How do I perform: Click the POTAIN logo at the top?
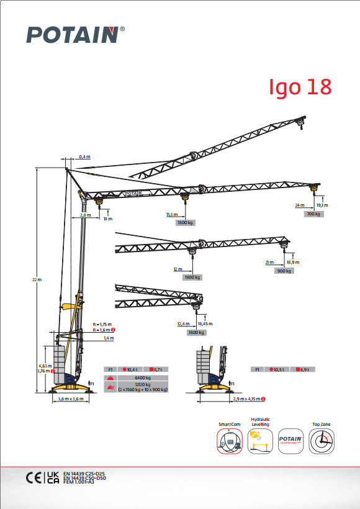click(x=72, y=35)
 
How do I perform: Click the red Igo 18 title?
click(x=300, y=87)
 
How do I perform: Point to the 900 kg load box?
click(x=284, y=271)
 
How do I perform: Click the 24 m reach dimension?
click(x=299, y=205)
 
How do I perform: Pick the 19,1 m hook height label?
click(x=322, y=205)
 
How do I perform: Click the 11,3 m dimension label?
click(x=171, y=215)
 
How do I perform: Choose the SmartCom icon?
click(x=229, y=443)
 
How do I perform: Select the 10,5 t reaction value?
click(x=277, y=369)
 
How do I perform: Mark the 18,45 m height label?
click(x=204, y=324)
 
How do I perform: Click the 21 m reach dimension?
click(x=269, y=263)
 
